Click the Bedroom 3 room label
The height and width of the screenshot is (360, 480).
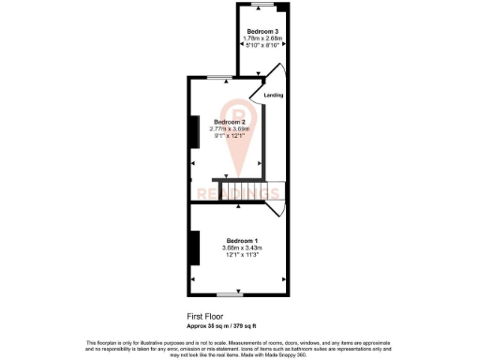pyautogui.click(x=262, y=32)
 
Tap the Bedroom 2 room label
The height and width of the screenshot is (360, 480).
pyautogui.click(x=230, y=123)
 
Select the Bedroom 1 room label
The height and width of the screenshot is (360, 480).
pyautogui.click(x=241, y=241)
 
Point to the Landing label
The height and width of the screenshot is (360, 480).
pyautogui.click(x=274, y=96)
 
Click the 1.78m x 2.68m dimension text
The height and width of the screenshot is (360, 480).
pyautogui.click(x=262, y=38)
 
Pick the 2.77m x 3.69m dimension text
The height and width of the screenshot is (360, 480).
pyautogui.click(x=230, y=129)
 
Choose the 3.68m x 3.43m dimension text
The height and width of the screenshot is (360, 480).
pyautogui.click(x=241, y=247)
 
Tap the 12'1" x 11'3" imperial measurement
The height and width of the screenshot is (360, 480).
pyautogui.click(x=241, y=254)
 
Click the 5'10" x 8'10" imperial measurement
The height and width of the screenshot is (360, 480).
pyautogui.click(x=262, y=45)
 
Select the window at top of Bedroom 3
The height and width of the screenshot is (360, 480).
pyautogui.click(x=262, y=7)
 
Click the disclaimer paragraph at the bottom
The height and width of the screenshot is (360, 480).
pyautogui.click(x=240, y=346)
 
